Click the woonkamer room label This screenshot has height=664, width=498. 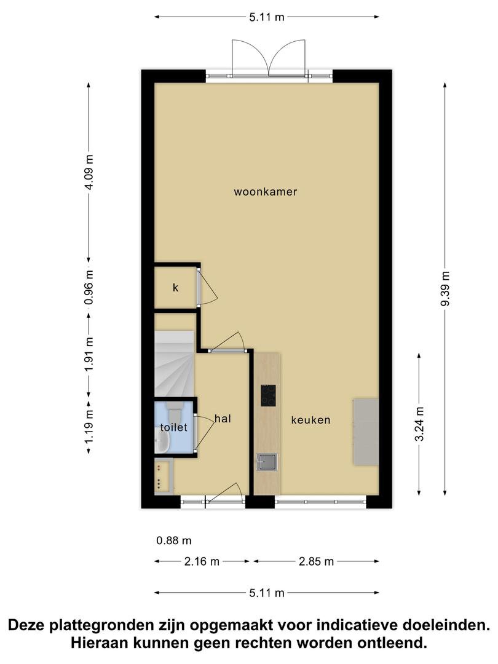(x=266, y=192)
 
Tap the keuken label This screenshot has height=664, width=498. (x=310, y=420)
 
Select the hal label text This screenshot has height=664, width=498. (x=223, y=419)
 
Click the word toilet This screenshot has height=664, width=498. (x=173, y=427)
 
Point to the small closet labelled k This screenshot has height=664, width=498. (x=176, y=288)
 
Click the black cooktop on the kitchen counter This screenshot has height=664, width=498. (x=268, y=395)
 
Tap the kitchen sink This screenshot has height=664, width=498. (x=267, y=462)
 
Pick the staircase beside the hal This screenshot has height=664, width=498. (x=175, y=364)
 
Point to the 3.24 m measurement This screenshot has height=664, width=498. (x=419, y=424)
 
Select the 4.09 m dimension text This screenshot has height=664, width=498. (x=89, y=172)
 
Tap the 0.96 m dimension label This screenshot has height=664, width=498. (x=89, y=287)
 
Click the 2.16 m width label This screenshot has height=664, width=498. (x=202, y=561)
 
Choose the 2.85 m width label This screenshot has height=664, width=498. (x=317, y=561)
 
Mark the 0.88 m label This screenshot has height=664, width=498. (x=174, y=541)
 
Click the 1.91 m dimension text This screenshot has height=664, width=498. (x=89, y=355)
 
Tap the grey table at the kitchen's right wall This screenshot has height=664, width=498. (x=366, y=432)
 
